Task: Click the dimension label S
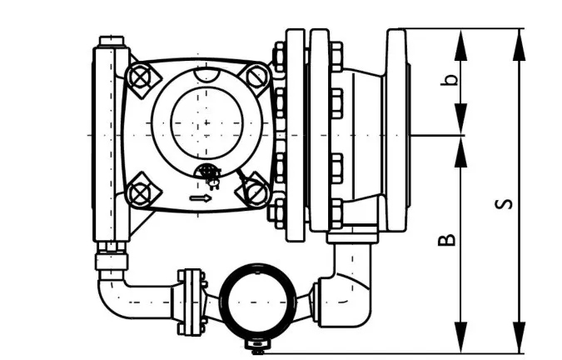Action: (503, 203)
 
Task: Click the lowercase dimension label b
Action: (450, 80)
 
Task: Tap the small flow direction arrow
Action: (201, 198)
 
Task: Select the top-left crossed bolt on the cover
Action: (141, 77)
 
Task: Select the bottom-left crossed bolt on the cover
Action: (141, 192)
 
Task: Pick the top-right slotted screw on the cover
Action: (257, 77)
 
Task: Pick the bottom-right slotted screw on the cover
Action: (256, 192)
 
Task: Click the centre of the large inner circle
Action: (206, 123)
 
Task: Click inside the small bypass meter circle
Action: (258, 302)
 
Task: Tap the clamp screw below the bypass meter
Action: (258, 346)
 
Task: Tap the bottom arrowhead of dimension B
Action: (461, 337)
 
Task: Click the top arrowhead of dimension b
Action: (461, 44)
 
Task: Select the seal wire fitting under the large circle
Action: (211, 175)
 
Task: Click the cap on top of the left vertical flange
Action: (112, 41)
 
